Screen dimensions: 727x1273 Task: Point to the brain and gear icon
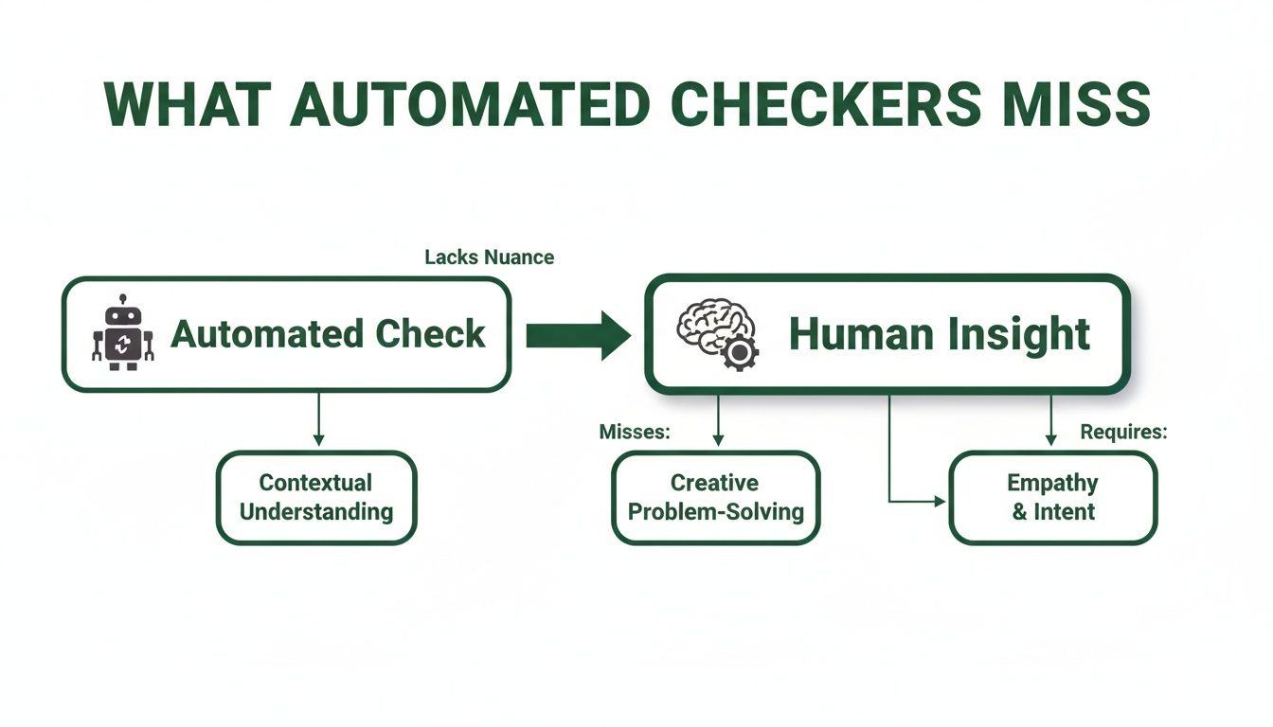pyautogui.click(x=717, y=334)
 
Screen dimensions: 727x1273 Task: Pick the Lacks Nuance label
pyautogui.click(x=489, y=257)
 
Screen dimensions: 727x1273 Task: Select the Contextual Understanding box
pyautogui.click(x=316, y=497)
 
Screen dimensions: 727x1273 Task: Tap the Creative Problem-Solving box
pyautogui.click(x=715, y=497)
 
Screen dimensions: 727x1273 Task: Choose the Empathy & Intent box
pyautogui.click(x=1052, y=497)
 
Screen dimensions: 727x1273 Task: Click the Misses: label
pyautogui.click(x=635, y=432)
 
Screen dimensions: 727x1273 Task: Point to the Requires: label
pyautogui.click(x=1123, y=432)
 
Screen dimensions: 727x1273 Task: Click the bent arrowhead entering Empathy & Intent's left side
pyautogui.click(x=940, y=502)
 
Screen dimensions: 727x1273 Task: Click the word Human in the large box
pyautogui.click(x=859, y=334)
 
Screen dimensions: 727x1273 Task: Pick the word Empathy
pyautogui.click(x=1052, y=483)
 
